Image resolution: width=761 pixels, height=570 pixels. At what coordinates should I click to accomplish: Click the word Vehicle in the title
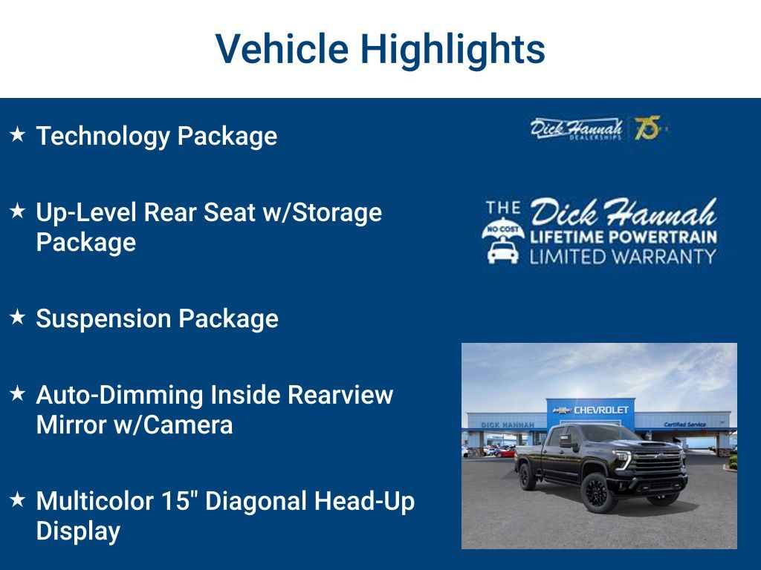coord(282,49)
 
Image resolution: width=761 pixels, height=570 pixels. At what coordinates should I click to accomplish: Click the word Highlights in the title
coord(453,50)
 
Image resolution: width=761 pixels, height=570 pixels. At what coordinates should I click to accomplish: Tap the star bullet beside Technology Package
coord(18,135)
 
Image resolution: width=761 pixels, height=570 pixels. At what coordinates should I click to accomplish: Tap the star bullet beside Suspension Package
coord(18,318)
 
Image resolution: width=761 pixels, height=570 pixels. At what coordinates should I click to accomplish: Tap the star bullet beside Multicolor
coord(18,500)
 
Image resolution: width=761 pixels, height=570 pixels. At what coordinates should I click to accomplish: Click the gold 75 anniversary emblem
coord(647,128)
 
